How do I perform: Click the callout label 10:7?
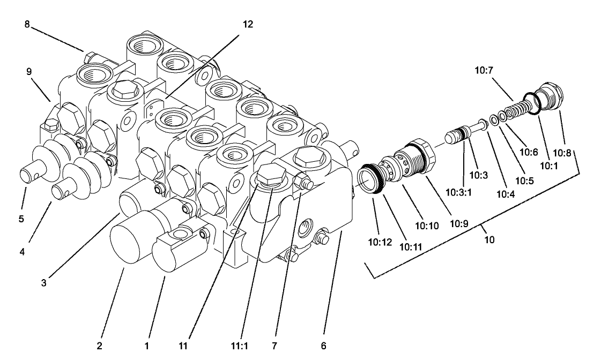coord(483,69)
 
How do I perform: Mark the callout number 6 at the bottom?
coord(323,346)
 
